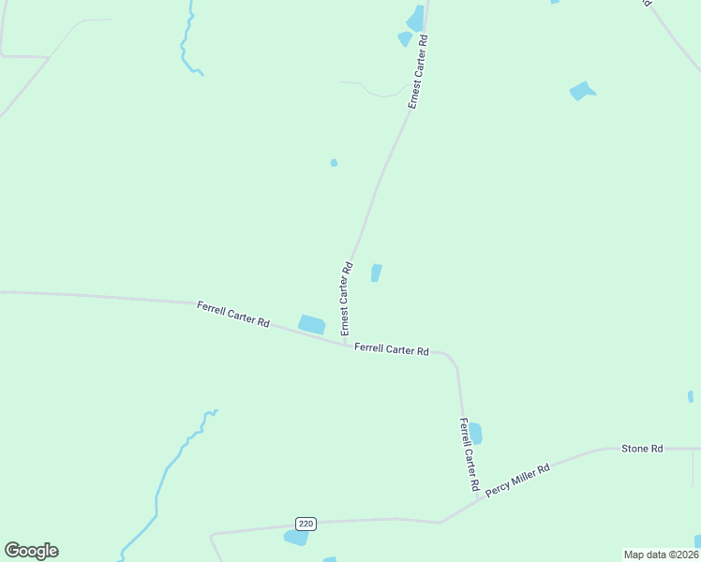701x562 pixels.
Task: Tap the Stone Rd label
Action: [x=642, y=449]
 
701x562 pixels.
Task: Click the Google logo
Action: [x=31, y=551]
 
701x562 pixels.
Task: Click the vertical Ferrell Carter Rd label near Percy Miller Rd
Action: [x=469, y=456]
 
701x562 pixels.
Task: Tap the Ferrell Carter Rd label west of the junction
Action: [x=233, y=314]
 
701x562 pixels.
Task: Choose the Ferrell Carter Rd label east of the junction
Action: [x=392, y=349]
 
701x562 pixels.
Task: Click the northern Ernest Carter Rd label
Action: [x=418, y=73]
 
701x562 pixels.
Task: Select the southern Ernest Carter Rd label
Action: [x=346, y=299]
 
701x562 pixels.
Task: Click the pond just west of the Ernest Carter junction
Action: [x=312, y=324]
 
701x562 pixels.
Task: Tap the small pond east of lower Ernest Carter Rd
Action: [x=376, y=273]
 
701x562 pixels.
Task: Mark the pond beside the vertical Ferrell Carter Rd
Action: [x=475, y=434]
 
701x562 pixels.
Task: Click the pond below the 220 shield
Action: [x=296, y=538]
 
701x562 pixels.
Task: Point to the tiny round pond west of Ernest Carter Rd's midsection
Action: [x=334, y=163]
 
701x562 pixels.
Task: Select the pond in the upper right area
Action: [x=582, y=91]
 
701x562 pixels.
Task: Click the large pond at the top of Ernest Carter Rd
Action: [x=415, y=19]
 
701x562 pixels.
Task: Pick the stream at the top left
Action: [x=187, y=42]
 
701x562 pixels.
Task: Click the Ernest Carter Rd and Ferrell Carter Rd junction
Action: [x=344, y=344]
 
